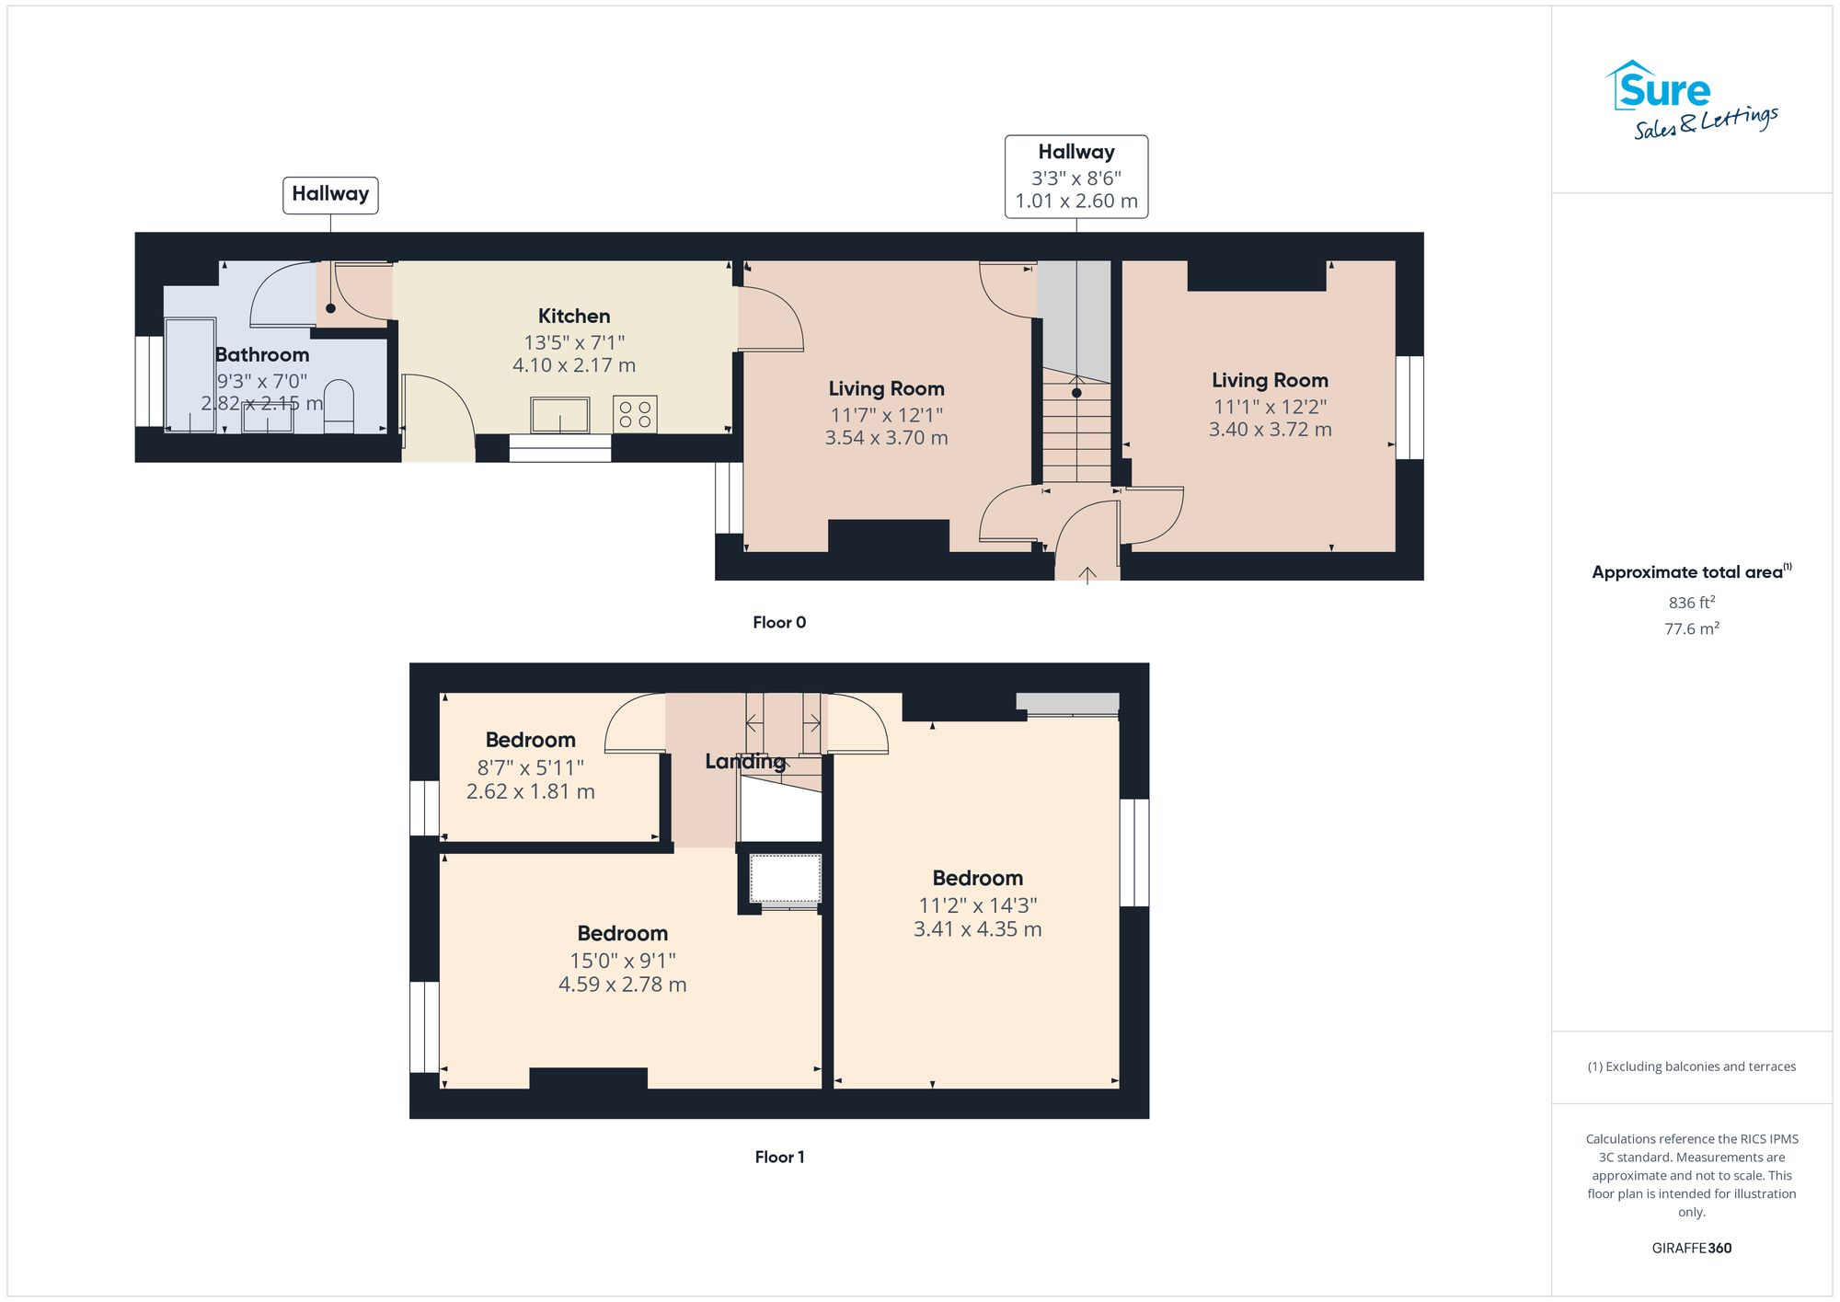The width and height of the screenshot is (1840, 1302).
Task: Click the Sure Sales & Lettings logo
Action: [1690, 100]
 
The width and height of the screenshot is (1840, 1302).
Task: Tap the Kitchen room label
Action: [573, 316]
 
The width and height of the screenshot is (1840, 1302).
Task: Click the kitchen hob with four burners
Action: [635, 413]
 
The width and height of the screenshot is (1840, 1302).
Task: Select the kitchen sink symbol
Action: [559, 414]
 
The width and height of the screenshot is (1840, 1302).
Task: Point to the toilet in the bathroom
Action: [339, 406]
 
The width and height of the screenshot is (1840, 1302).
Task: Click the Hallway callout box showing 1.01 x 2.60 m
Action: [1075, 177]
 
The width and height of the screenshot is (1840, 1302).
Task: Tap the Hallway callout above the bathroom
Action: [329, 194]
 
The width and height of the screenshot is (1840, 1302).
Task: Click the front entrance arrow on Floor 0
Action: [1087, 575]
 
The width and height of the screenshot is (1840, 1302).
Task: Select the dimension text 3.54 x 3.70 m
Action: [885, 438]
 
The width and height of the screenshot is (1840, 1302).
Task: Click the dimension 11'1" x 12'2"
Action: [1269, 406]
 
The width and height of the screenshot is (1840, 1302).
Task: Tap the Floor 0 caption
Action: [778, 622]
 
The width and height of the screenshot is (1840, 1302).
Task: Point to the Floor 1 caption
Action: [778, 1157]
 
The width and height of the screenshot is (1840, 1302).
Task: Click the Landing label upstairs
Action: [744, 761]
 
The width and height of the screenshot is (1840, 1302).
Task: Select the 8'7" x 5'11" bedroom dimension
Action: [530, 766]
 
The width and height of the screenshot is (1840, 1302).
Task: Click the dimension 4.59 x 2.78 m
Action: [622, 984]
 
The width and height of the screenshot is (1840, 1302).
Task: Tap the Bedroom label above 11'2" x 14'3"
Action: [977, 877]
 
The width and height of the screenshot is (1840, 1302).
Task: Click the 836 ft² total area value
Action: [1691, 603]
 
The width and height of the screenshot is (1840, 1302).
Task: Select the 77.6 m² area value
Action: [1691, 628]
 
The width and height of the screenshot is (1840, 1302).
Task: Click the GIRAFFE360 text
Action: [1691, 1248]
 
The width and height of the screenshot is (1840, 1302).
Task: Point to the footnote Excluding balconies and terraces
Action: [1691, 1066]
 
